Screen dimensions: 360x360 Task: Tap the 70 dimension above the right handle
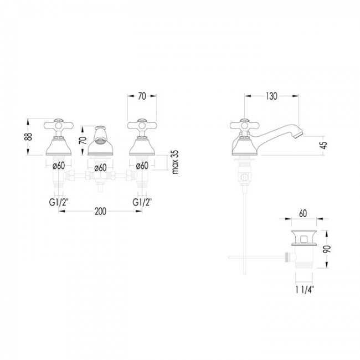tap(142, 96)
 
